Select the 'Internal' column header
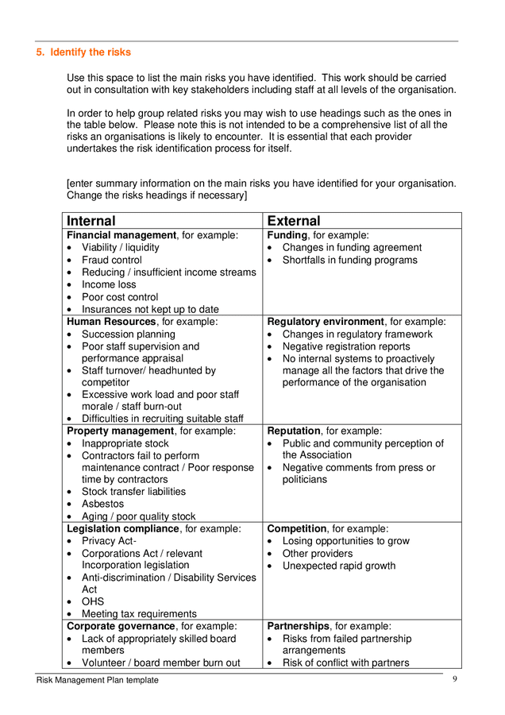(x=91, y=221)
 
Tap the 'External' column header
(x=294, y=221)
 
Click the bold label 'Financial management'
(x=121, y=235)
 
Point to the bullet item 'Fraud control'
(x=112, y=260)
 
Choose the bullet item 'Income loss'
(x=109, y=284)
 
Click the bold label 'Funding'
(x=287, y=235)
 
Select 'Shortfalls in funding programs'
(x=349, y=260)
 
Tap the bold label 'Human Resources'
(x=111, y=322)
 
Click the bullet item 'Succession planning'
(x=129, y=334)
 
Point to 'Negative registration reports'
(x=346, y=346)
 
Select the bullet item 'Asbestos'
(x=103, y=504)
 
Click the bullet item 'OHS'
(x=93, y=601)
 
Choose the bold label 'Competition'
(x=297, y=528)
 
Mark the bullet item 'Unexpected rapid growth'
(x=338, y=566)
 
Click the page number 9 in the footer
(x=455, y=679)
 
